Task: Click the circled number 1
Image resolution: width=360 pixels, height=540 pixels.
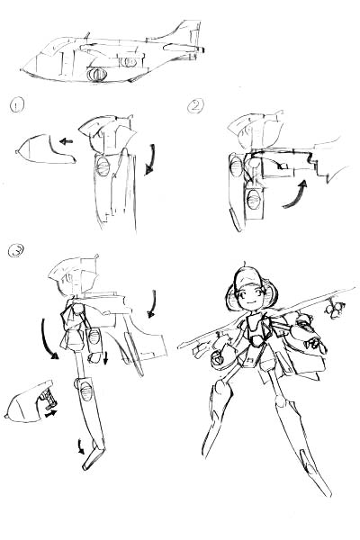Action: coord(17,105)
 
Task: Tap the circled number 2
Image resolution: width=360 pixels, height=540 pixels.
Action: coord(195,105)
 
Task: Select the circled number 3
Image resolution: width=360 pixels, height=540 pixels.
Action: coord(16,251)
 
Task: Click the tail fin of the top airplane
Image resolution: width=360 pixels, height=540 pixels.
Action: coord(191,32)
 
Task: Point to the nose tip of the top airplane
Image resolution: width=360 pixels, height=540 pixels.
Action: coord(22,69)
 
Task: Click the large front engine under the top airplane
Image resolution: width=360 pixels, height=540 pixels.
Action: coord(97,75)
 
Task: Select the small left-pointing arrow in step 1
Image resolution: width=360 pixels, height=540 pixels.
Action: coord(66,141)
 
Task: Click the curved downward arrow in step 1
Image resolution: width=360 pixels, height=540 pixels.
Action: coord(150,159)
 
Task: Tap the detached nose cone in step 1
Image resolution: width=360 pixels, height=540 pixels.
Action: coord(45,149)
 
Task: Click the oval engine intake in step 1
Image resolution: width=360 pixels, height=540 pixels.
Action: coord(103,166)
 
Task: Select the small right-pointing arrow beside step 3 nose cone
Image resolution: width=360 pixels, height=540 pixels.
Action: coord(51,412)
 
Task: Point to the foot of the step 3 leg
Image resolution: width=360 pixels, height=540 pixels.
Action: coord(94,458)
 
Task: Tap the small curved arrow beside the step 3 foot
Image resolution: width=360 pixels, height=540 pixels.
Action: coord(81,446)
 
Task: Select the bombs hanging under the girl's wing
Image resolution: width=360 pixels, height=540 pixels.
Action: coord(333,308)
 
